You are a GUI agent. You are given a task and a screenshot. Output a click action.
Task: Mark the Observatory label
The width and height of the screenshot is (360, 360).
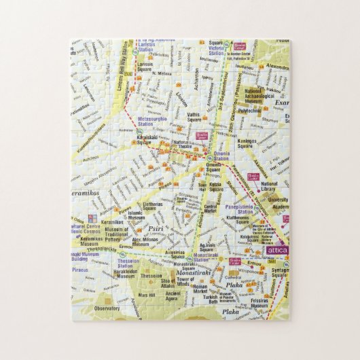click(109, 308)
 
